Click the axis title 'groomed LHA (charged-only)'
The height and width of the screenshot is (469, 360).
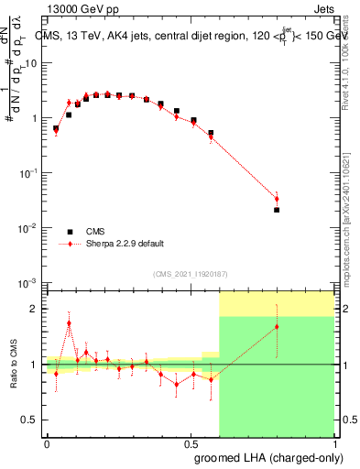(267, 455)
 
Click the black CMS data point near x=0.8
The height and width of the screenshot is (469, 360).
(277, 210)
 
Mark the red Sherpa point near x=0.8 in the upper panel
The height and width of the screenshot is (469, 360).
(277, 199)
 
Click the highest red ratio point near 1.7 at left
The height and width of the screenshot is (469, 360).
(70, 323)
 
